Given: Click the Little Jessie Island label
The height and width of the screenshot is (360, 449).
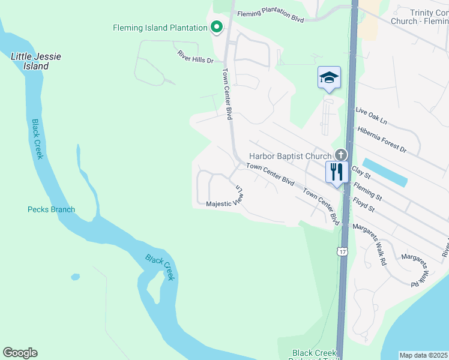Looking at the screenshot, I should click(36, 61).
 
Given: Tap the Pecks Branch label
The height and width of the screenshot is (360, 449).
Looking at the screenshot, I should click(51, 209).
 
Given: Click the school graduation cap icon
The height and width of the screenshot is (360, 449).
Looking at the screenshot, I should click(329, 77).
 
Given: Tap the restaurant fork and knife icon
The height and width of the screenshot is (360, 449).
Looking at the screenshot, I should click(337, 172).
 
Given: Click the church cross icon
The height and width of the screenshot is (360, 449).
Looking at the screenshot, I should click(342, 155).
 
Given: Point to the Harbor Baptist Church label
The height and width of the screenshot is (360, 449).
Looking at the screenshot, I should click(290, 156).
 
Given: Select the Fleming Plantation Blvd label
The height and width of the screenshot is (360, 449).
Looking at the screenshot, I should click(271, 16).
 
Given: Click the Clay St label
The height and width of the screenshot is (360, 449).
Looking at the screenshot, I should click(363, 172).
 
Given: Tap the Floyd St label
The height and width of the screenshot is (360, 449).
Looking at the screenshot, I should click(364, 204).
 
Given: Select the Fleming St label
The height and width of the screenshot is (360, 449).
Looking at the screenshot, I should click(368, 191).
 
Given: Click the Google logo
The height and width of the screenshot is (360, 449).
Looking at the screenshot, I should click(20, 353).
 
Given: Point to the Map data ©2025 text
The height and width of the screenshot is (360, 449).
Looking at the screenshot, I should click(424, 355).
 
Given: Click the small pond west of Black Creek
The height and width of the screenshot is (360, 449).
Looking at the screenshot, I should click(75, 277).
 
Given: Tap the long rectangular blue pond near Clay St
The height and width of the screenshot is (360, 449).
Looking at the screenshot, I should click(385, 172).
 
